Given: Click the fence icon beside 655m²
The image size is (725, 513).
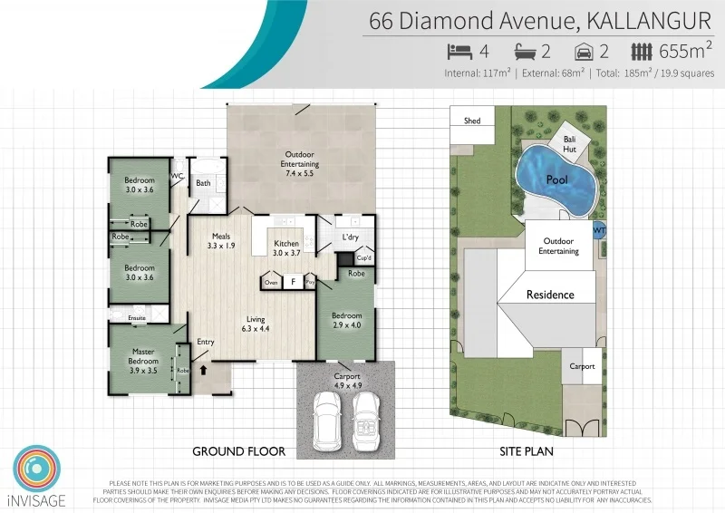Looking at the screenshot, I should (642, 52).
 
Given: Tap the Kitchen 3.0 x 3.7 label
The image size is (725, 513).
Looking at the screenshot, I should (285, 248).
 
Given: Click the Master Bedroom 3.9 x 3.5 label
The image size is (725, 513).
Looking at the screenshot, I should (144, 356).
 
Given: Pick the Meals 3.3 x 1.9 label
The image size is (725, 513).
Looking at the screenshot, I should (221, 241).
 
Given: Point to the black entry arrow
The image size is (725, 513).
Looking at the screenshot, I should (202, 370).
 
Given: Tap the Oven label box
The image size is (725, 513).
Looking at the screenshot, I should (271, 283).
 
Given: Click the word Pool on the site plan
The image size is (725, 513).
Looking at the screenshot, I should (556, 180).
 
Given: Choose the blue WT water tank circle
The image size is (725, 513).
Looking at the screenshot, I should (598, 231).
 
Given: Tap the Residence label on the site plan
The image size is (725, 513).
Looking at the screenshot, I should (550, 295).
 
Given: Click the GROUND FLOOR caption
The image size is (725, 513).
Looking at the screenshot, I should (239, 450).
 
